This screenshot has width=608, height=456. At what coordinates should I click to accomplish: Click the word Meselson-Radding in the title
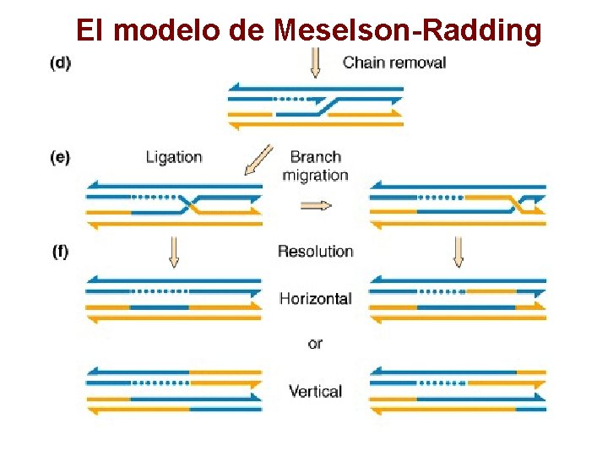tap(407, 30)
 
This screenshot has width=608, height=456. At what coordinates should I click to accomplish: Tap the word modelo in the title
tap(165, 30)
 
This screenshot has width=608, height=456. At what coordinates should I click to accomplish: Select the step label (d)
tap(60, 63)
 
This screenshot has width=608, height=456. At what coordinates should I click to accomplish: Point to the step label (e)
tap(60, 157)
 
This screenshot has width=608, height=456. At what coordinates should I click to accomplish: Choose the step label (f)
tap(60, 251)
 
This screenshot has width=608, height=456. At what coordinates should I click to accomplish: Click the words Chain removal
tap(394, 62)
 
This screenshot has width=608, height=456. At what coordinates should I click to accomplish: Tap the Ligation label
tap(174, 157)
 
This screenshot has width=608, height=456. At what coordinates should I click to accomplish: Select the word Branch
tap(315, 157)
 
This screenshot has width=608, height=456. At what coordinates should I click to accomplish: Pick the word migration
tap(315, 176)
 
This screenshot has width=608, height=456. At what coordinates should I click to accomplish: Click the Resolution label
tap(315, 251)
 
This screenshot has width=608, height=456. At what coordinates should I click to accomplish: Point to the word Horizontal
tap(315, 298)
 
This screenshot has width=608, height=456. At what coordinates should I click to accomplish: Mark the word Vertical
tap(315, 391)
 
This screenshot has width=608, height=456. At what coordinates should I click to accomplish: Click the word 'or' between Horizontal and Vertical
tap(315, 344)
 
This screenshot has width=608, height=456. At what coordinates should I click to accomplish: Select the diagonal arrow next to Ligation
tap(258, 160)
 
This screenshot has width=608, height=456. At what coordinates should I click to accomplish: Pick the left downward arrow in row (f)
tap(174, 252)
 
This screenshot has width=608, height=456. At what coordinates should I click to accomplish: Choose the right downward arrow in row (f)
tap(459, 252)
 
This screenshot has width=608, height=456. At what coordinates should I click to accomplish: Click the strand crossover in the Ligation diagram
tap(193, 204)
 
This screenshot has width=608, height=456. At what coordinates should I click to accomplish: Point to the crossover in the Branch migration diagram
tap(513, 204)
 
